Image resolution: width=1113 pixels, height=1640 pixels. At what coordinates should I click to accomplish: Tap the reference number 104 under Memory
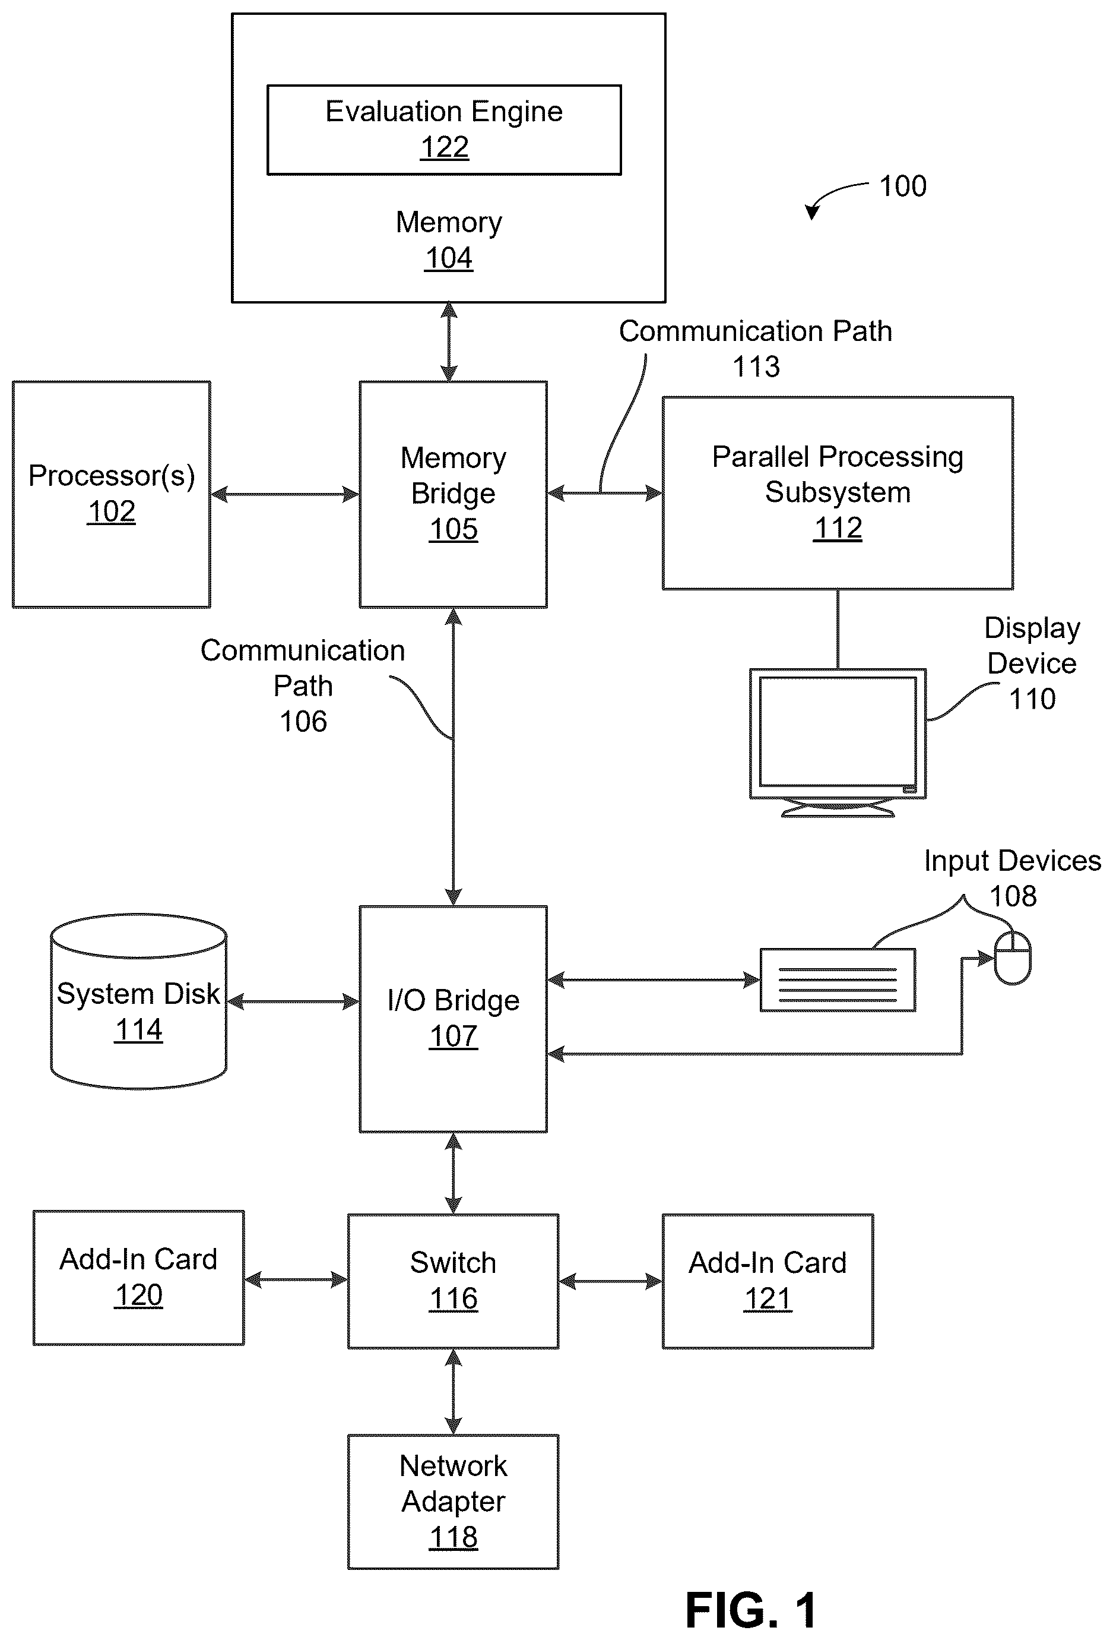(449, 258)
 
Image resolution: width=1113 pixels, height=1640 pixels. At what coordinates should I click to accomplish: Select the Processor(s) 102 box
(112, 494)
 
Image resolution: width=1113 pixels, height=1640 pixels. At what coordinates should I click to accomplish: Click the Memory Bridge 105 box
(453, 494)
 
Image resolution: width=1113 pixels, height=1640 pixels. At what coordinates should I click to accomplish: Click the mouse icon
(1012, 958)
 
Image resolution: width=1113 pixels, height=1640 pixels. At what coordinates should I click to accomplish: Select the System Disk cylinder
(138, 1001)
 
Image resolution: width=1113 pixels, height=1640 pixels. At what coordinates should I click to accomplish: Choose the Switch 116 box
(453, 1281)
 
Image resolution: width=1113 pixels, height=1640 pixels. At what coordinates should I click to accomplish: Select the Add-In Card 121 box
(768, 1281)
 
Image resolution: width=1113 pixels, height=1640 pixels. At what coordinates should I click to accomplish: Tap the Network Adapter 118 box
(453, 1502)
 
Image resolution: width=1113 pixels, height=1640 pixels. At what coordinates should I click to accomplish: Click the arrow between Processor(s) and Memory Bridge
(285, 494)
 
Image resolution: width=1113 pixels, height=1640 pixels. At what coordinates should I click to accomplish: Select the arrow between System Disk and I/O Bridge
(293, 1001)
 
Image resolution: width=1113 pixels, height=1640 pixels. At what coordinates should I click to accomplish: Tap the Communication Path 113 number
(756, 367)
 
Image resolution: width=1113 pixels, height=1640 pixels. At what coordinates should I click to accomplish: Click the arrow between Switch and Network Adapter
(453, 1392)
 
